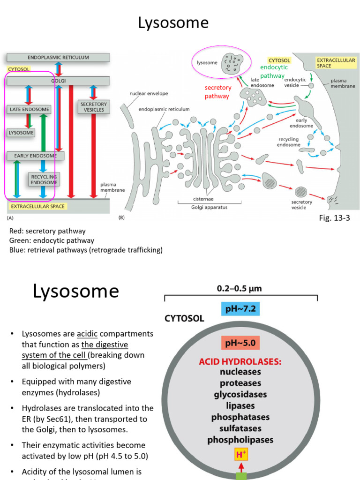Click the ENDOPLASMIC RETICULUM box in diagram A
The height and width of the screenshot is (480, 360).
[x=58, y=57]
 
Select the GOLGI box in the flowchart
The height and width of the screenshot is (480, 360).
[x=58, y=81]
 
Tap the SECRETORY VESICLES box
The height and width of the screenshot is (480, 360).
[x=93, y=107]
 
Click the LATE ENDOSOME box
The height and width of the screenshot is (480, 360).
[x=30, y=109]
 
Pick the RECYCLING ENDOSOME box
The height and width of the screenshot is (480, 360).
[x=44, y=179]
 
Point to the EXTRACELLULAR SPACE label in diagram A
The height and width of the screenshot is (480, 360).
[x=37, y=206]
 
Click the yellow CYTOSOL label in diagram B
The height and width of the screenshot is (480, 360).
[x=279, y=60]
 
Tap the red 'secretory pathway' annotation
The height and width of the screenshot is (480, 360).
[x=218, y=92]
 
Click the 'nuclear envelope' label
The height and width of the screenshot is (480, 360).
[x=149, y=94]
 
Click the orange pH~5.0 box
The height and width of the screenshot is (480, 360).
[x=240, y=343]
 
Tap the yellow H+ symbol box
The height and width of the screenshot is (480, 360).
[x=240, y=455]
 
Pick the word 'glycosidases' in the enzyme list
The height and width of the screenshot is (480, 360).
[x=240, y=394]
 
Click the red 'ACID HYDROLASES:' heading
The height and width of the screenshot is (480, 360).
[x=240, y=361]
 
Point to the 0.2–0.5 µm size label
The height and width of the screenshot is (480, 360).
[x=239, y=289]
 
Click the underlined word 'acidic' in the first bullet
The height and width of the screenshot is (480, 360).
[x=87, y=334]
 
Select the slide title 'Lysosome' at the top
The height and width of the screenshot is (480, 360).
[x=173, y=22]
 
